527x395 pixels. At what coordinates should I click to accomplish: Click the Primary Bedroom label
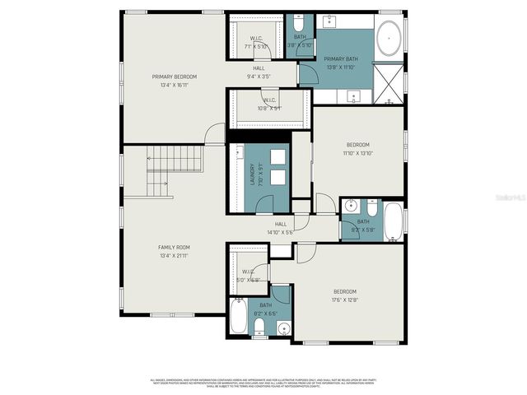point(174,77)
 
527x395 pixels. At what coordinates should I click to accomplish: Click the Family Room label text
point(174,247)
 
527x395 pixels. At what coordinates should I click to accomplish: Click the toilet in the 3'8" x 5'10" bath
point(298,25)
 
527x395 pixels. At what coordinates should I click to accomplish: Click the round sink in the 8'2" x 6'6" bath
point(284,328)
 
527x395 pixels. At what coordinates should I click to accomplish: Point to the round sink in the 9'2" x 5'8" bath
point(350,206)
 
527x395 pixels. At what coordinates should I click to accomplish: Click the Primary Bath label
point(339,59)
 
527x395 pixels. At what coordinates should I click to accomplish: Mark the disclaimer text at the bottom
point(263,382)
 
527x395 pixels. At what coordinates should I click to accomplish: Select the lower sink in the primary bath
point(354,97)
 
